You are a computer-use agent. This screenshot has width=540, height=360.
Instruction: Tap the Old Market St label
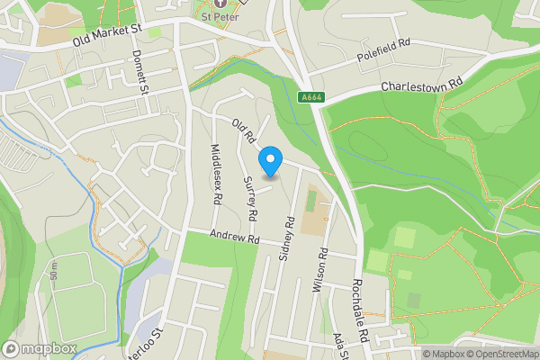coord(107,35)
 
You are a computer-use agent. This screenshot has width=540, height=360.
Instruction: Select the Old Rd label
coord(244,131)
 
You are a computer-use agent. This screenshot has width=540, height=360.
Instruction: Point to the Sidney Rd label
coord(288,238)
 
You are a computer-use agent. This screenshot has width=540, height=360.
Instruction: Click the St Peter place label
coord(219,15)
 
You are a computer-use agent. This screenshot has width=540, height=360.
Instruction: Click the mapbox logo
coord(40,348)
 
